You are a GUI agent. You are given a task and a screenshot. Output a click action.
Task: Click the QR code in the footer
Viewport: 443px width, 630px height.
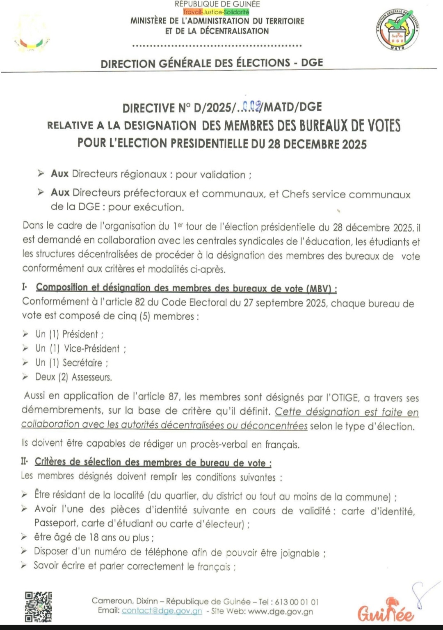point(38,606)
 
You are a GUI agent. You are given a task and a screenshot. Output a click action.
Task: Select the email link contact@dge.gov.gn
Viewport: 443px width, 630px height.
point(162,611)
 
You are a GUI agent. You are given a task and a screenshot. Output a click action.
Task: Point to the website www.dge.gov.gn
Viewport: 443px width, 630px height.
point(281,612)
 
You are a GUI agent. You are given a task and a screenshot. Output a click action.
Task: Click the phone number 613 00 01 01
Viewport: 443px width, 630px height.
point(297,602)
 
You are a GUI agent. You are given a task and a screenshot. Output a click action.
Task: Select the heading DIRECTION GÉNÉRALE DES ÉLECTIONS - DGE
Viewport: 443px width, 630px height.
point(212,63)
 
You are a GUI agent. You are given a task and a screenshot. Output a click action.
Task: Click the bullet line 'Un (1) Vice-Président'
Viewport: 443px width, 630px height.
point(80,348)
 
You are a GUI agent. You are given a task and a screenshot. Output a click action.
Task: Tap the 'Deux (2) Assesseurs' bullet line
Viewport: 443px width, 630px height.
point(73,377)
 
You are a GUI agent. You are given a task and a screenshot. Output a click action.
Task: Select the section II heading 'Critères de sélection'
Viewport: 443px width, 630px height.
point(153,463)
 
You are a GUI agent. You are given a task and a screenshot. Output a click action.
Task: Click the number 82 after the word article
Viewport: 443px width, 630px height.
point(140,302)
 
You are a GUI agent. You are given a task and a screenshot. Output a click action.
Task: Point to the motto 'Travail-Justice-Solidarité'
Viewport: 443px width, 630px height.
point(216,12)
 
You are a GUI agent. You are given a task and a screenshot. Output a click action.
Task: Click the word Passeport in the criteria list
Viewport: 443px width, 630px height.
point(56,523)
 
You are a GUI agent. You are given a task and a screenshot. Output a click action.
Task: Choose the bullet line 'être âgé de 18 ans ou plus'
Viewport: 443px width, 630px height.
point(94,537)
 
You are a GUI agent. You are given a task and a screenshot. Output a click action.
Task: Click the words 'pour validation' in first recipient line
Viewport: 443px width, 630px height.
point(210,175)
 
